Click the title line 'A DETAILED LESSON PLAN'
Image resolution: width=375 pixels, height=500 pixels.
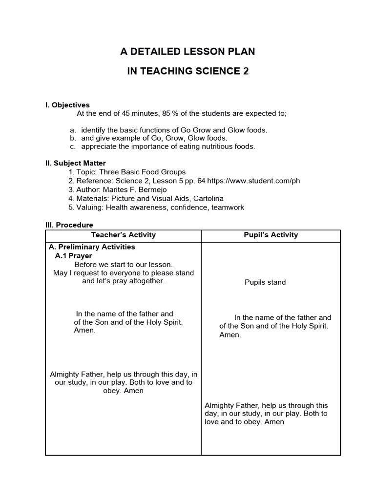point(187,51)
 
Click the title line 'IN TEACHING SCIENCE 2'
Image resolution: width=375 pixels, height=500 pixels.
point(187,71)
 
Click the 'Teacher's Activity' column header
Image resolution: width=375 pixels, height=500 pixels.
point(124,235)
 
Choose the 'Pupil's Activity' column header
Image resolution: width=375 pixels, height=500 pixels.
point(271,235)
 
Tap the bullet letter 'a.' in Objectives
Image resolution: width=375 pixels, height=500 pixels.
point(73,130)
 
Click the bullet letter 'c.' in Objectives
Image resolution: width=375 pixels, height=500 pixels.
point(73,146)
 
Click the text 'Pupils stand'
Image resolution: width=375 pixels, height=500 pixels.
point(265,282)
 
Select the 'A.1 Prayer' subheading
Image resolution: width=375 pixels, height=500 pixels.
point(74,255)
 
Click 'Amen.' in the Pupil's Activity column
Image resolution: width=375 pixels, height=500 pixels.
point(230,335)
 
